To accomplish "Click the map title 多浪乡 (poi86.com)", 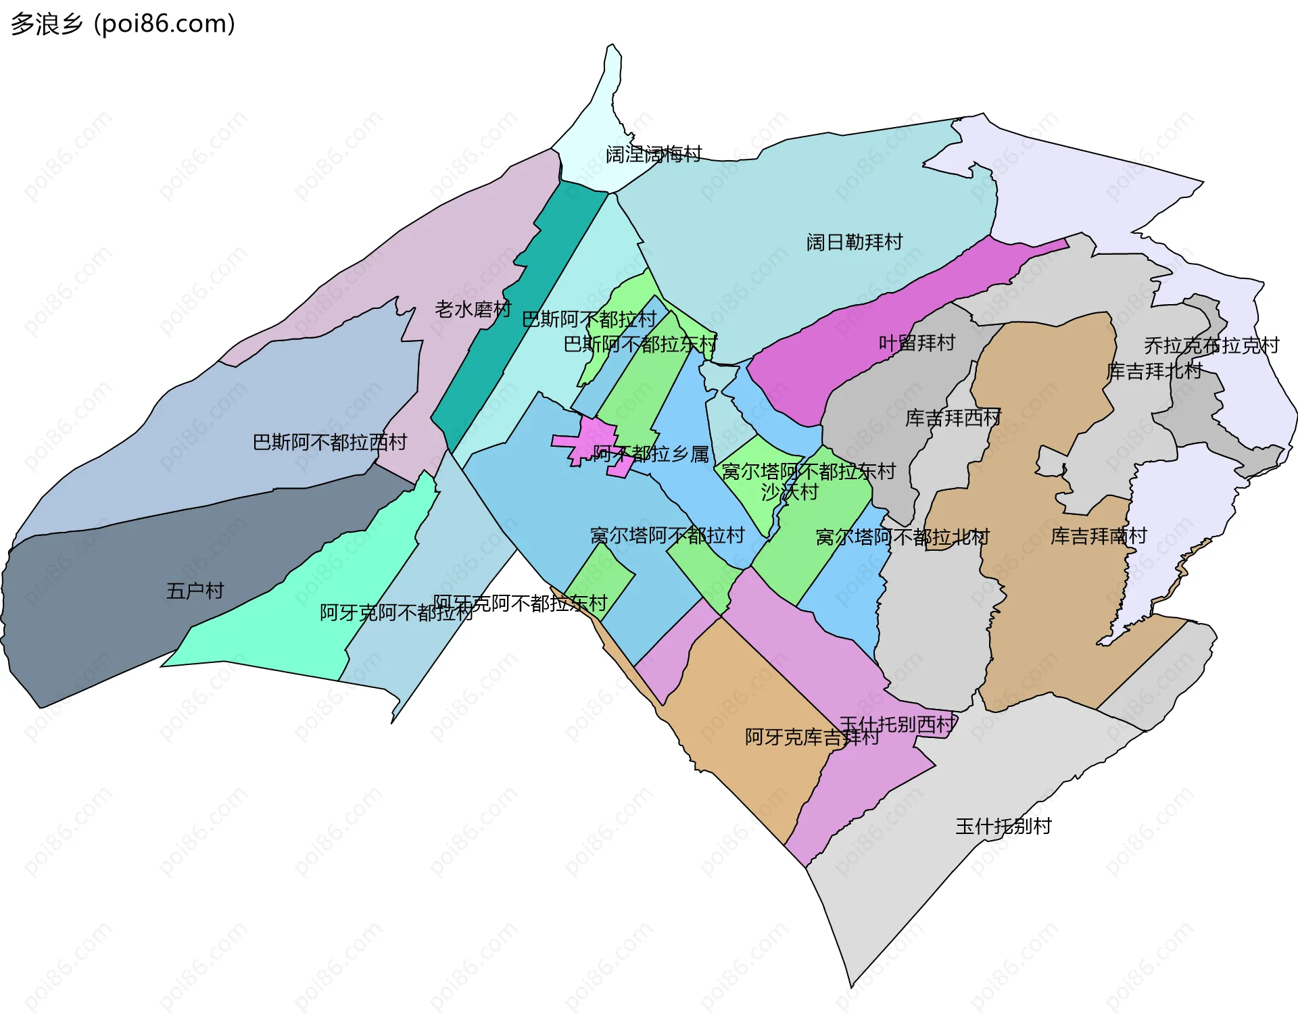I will coord(123,24).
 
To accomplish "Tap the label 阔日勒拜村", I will coord(855,242).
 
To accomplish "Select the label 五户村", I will coord(195,591).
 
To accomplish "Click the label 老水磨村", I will coord(473,310).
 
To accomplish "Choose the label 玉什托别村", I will coord(1003,826).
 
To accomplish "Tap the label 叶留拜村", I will coord(917,343).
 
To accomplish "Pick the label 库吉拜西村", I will coord(953,418).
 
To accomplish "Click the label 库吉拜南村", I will coord(1099,536).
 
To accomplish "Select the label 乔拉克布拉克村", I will coord(1211,345).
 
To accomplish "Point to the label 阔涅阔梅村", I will coord(654,154).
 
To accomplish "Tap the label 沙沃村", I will coord(789,491).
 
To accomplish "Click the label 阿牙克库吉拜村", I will coord(812,737).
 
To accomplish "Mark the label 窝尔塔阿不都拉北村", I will coord(903,537).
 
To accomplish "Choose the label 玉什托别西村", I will coord(898,724).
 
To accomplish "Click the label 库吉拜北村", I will coord(1154,370).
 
